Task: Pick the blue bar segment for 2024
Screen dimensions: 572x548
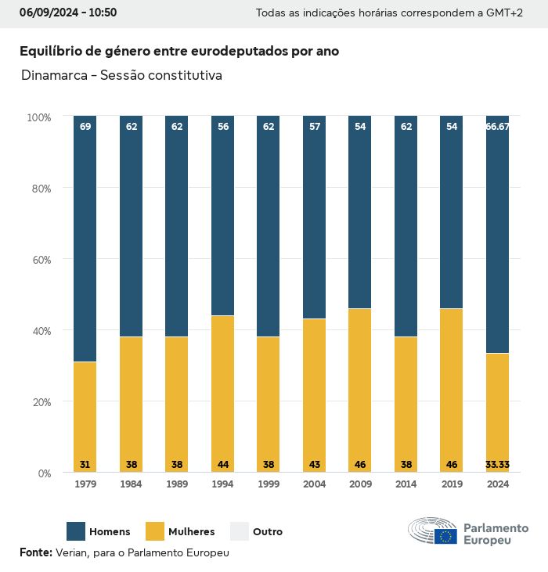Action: (x=497, y=235)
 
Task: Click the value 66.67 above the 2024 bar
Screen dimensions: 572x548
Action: (x=497, y=126)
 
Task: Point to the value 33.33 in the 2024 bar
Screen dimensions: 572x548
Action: (x=497, y=465)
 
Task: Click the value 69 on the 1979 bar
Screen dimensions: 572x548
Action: (x=85, y=126)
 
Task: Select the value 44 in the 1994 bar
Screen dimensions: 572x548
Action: (x=222, y=465)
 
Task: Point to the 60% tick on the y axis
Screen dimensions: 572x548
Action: (x=39, y=260)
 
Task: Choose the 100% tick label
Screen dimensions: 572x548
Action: (x=38, y=117)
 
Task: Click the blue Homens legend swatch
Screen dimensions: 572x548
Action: (x=76, y=531)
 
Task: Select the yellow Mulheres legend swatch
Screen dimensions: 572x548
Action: (x=155, y=531)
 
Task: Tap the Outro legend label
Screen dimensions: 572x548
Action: (x=268, y=532)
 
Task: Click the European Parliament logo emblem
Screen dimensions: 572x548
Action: (x=433, y=532)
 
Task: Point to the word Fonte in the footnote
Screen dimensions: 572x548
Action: (x=35, y=552)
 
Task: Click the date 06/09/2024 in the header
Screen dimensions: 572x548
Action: (x=46, y=13)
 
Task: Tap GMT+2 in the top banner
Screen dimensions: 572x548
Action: (x=505, y=13)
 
